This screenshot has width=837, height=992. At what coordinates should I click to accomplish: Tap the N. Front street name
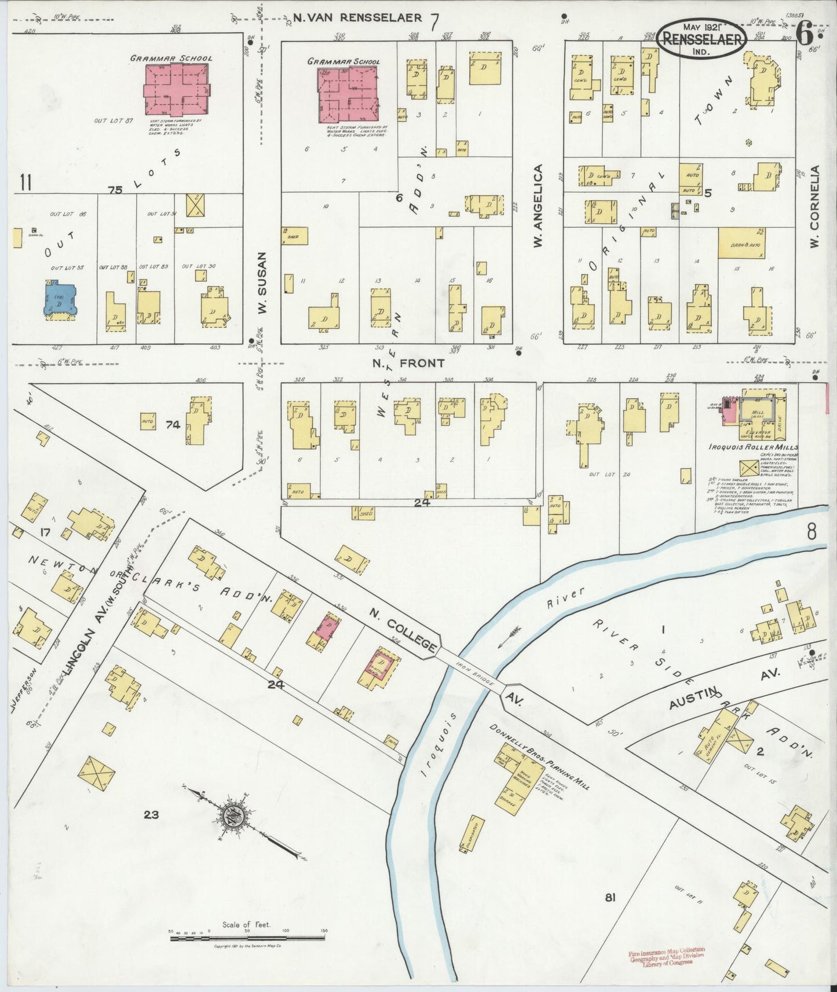(408, 363)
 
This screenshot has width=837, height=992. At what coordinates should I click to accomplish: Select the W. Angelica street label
(538, 207)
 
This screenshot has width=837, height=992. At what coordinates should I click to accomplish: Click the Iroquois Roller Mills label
(753, 447)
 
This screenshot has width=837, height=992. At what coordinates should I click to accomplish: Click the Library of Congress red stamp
(666, 957)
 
